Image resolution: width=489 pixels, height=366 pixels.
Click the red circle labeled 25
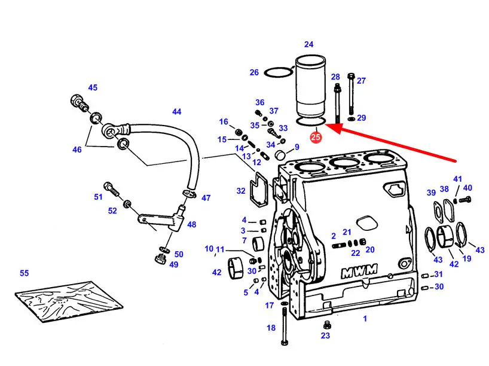(x=316, y=138)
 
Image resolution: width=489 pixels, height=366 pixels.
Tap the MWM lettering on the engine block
(x=359, y=272)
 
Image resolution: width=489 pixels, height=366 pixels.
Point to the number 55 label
(x=24, y=273)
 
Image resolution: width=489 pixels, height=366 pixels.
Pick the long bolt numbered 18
(x=284, y=326)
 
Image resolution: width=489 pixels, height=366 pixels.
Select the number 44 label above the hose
(x=176, y=112)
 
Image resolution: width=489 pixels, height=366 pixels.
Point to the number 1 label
(x=365, y=319)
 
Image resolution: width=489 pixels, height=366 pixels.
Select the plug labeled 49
(x=160, y=259)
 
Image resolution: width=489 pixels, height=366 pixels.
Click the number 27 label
(x=361, y=81)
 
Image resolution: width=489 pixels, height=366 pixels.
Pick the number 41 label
(x=457, y=179)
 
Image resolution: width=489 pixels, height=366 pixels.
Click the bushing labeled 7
(x=259, y=245)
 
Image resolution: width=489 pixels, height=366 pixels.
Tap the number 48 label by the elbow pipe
(x=191, y=225)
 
